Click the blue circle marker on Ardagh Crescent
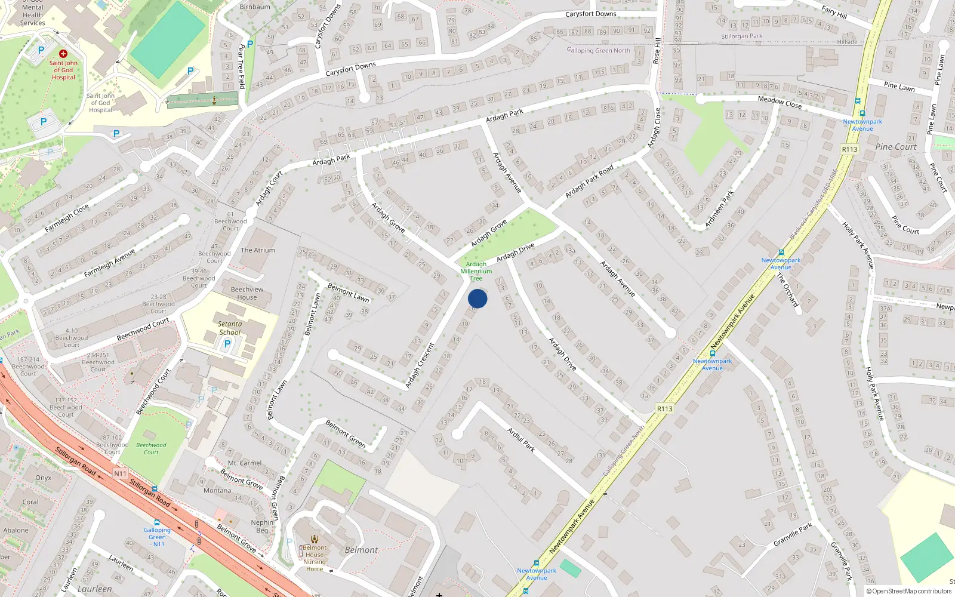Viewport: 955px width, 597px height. click(x=478, y=298)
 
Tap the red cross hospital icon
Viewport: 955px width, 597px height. click(x=63, y=54)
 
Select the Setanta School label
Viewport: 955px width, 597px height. click(x=230, y=328)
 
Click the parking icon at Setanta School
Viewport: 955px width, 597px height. click(x=227, y=344)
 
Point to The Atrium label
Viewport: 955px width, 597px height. click(x=258, y=250)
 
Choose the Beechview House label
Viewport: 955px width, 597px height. click(x=247, y=293)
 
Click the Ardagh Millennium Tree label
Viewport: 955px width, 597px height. click(x=476, y=271)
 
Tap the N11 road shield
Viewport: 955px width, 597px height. click(x=120, y=473)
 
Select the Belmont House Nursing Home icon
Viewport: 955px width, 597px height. click(x=315, y=538)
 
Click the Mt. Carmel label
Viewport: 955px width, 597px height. click(x=245, y=463)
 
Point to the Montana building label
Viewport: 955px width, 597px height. click(x=217, y=491)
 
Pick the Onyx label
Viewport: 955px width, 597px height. click(x=43, y=478)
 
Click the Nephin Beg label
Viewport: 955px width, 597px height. click(x=262, y=526)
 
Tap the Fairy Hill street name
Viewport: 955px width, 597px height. click(x=834, y=12)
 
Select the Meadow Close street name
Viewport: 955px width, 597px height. click(x=780, y=102)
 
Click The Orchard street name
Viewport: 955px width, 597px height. click(x=787, y=290)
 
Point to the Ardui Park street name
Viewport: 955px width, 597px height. click(x=521, y=439)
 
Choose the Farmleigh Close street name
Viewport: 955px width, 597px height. click(x=66, y=218)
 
